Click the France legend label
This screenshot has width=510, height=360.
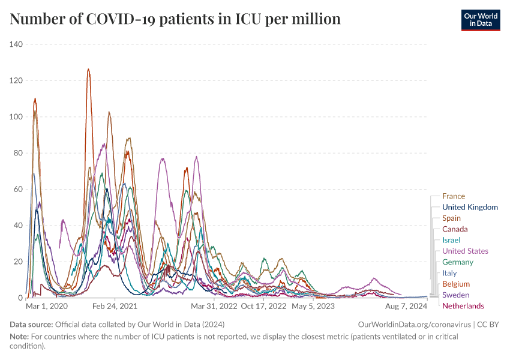tap(453, 196)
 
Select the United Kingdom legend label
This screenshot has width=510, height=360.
tap(470, 207)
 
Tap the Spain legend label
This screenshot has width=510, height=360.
tap(451, 218)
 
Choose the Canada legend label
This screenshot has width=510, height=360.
tap(455, 229)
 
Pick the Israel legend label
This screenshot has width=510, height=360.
tap(451, 240)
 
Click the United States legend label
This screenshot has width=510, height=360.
tap(465, 251)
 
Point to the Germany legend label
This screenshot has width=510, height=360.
tap(457, 262)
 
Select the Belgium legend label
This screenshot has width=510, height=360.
tap(456, 284)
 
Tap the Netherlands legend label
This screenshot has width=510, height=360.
tap(463, 306)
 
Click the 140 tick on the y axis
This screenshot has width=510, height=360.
tap(16, 44)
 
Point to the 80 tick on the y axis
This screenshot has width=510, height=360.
tap(18, 153)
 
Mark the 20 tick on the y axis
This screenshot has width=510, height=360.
tap(18, 262)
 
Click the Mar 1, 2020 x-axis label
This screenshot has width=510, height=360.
tap(47, 306)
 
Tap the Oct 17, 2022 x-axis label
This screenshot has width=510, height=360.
tap(264, 306)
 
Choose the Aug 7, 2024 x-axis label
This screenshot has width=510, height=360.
tap(407, 306)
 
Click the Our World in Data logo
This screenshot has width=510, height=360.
tap(481, 20)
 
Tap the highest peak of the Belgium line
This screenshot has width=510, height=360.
tap(88, 69)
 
